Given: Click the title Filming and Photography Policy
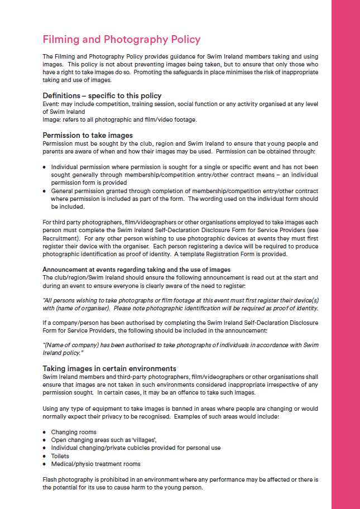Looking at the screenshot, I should (121, 40).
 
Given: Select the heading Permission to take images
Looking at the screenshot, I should (88, 135).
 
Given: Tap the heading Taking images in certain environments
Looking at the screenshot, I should (109, 368).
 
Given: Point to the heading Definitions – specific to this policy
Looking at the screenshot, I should (102, 95).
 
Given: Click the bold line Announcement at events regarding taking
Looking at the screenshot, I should (137, 270).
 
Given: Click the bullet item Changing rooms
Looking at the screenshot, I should (74, 432).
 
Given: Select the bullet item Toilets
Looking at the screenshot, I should (60, 456).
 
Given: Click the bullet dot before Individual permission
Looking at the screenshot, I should (45, 167).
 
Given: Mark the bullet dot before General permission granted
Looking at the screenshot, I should (45, 190).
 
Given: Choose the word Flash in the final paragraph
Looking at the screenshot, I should (50, 479).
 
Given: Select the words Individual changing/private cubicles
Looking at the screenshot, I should (103, 448).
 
